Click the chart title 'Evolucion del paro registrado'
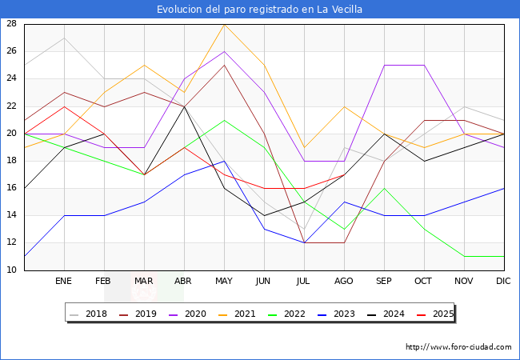[259, 10]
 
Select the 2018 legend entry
[90, 314]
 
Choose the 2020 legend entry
[187, 314]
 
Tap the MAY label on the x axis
[225, 282]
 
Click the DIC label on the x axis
[503, 282]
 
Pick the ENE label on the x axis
[63, 282]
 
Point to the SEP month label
[384, 282]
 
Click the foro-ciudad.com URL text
[458, 347]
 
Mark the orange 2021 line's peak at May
[225, 24]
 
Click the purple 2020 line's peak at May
[225, 51]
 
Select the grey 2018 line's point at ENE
[64, 38]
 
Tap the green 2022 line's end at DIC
[504, 257]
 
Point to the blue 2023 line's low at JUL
[304, 243]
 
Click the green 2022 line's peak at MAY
[225, 120]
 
